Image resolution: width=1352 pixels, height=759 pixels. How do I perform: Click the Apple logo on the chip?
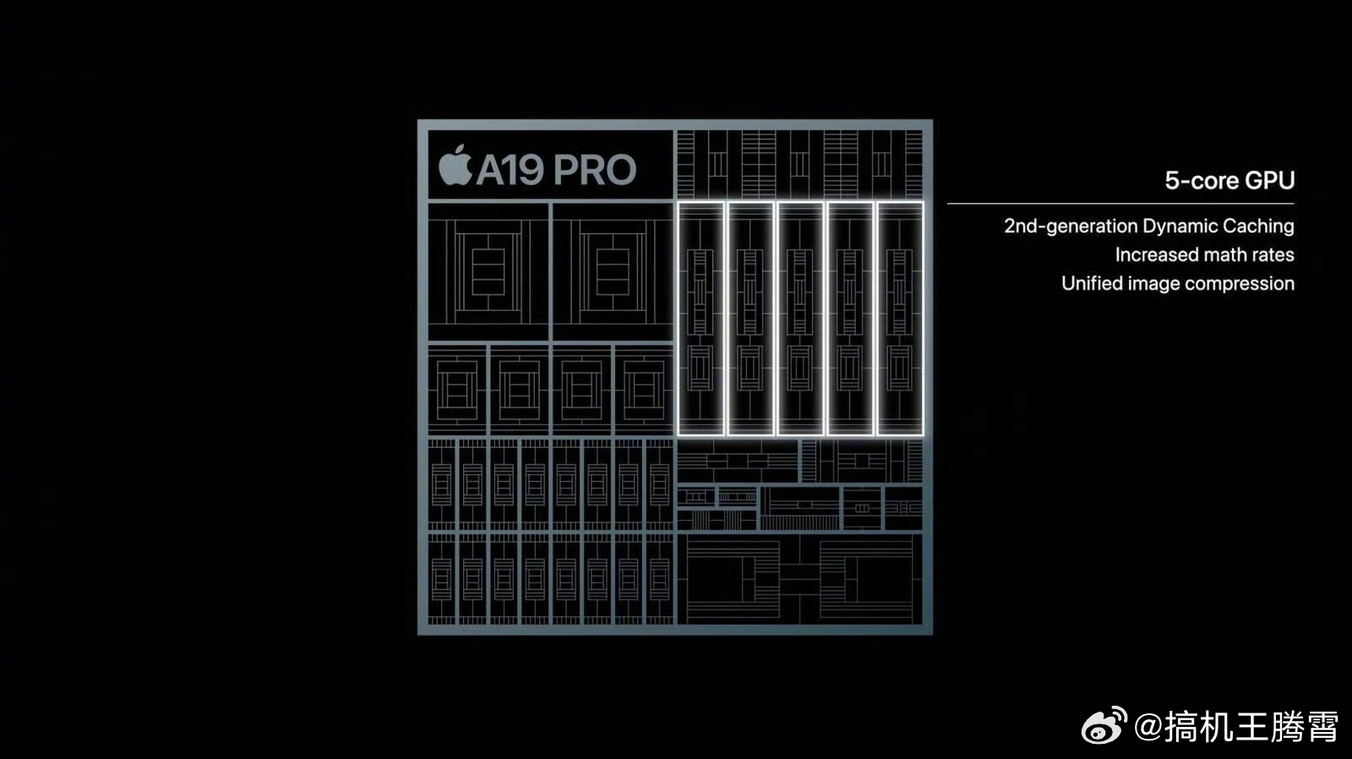click(x=455, y=165)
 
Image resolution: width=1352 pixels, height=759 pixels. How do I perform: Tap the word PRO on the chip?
click(x=595, y=170)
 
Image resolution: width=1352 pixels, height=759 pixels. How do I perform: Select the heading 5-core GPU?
click(x=1229, y=181)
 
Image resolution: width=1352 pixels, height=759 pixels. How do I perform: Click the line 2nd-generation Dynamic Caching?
click(x=1149, y=226)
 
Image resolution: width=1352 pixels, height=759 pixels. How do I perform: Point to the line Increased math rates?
click(x=1205, y=254)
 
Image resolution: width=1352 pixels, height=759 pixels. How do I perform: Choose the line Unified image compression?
click(x=1178, y=283)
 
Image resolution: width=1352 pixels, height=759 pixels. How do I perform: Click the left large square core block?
click(x=488, y=271)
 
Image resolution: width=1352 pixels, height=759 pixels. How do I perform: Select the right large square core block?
click(x=613, y=271)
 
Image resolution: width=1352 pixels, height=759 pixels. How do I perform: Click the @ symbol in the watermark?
click(x=1148, y=727)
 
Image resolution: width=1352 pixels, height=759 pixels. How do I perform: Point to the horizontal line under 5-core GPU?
click(x=1120, y=204)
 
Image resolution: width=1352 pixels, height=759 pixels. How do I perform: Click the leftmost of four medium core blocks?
click(x=457, y=390)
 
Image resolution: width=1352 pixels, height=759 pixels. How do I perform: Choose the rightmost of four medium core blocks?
click(x=644, y=390)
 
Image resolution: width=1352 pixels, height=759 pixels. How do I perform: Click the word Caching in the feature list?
click(x=1258, y=227)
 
